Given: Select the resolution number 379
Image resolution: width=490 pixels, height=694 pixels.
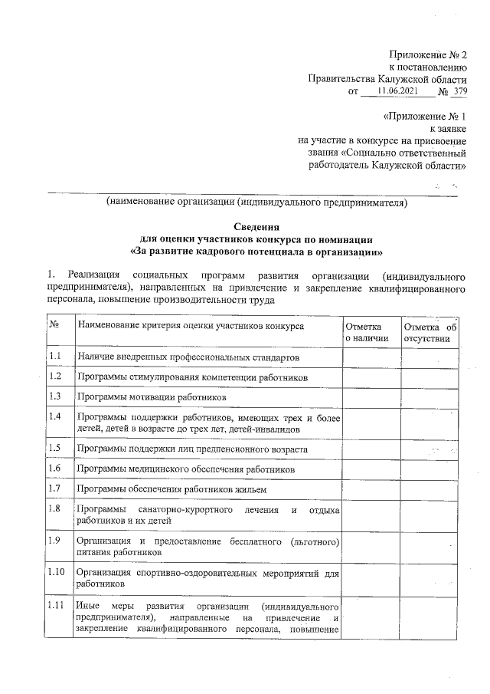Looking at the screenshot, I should [x=459, y=91].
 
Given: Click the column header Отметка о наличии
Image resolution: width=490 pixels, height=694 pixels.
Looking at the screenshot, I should [x=367, y=331].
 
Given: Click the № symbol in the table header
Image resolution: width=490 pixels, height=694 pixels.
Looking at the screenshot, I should [x=54, y=326].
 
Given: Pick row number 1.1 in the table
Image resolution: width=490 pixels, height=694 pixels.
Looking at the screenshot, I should [x=55, y=357].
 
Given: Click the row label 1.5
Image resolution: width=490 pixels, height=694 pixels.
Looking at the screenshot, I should [x=55, y=448].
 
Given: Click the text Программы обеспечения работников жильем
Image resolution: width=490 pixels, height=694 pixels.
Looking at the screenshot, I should [x=171, y=488].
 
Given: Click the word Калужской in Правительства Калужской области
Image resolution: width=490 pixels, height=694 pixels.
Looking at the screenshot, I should [x=404, y=78].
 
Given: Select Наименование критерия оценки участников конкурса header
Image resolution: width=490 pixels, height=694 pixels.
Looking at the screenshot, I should [x=190, y=326].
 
